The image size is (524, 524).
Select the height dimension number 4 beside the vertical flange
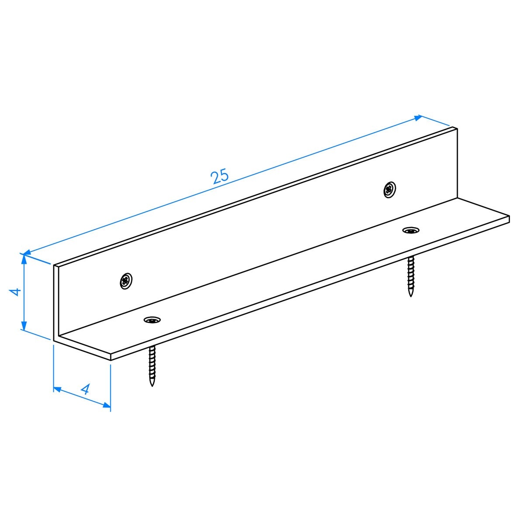pos(15,292)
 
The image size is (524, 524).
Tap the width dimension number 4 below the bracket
pos(85,390)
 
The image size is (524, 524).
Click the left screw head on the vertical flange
pos(126,281)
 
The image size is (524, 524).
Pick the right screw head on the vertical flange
pos(390,190)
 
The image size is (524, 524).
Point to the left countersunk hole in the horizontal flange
pos(152,320)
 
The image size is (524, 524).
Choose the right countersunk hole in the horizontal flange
pos(411,231)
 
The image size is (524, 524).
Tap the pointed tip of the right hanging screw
pos(410,296)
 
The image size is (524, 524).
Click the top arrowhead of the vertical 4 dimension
pos(24,259)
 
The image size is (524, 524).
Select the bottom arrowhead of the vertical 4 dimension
pos(24,325)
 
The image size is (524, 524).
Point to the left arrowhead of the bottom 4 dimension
pos(57,389)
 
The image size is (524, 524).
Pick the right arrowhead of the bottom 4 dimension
pos(107,405)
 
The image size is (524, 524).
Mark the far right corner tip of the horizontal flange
pos(509,217)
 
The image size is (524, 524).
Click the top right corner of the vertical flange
pos(457,129)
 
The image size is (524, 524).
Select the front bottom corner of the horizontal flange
pos(110,360)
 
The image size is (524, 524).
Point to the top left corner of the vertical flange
pos(54,265)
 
